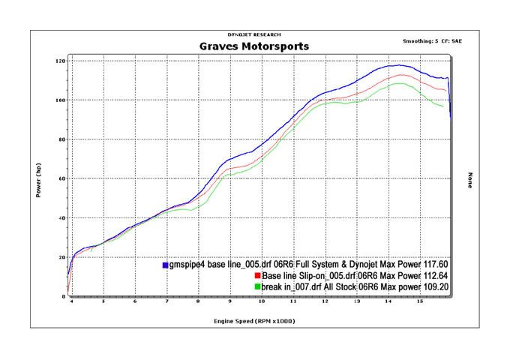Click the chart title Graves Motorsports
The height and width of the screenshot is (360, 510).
click(x=253, y=46)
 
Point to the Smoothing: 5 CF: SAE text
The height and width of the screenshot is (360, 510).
click(x=433, y=40)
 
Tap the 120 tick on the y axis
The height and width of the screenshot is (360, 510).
click(x=59, y=61)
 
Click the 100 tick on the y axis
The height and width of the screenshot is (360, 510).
click(x=59, y=100)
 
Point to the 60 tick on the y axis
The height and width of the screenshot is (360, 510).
click(x=61, y=178)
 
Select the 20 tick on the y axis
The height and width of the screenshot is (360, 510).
click(x=61, y=257)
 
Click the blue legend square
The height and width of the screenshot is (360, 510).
click(x=165, y=265)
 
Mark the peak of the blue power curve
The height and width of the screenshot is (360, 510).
click(x=390, y=65)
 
